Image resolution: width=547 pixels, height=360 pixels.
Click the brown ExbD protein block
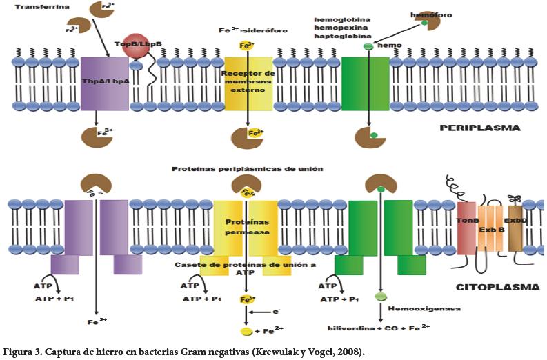[515, 228]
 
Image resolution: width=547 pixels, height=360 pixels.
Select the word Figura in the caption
[19, 352]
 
